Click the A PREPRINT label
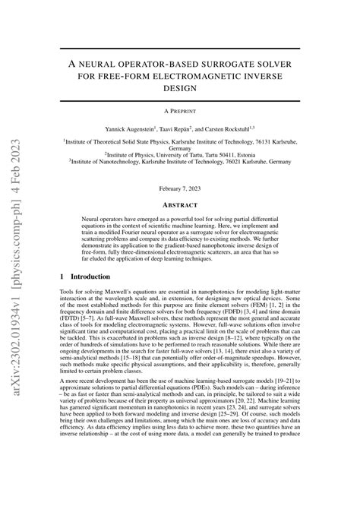coord(180,110)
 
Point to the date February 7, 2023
coord(180,187)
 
